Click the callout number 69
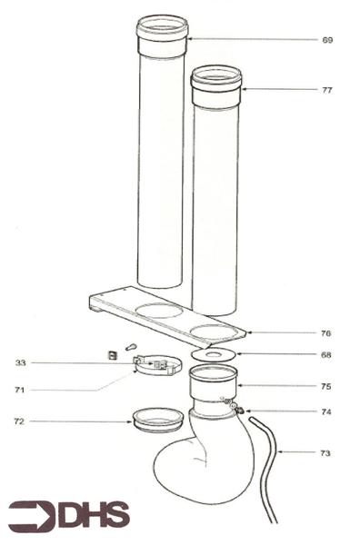(x=327, y=40)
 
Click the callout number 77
(x=327, y=91)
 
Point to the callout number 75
(x=326, y=386)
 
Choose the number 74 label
(x=326, y=412)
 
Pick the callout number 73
(x=326, y=451)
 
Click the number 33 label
(x=20, y=363)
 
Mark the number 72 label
(x=20, y=421)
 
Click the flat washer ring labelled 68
(x=215, y=354)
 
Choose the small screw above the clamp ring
(x=131, y=346)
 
